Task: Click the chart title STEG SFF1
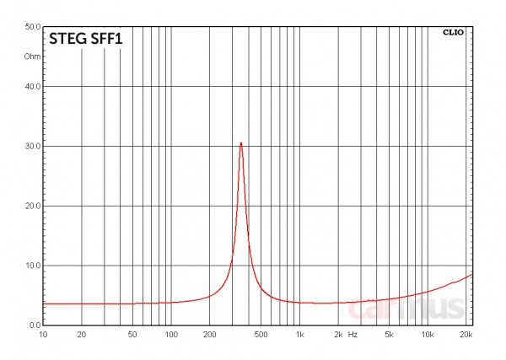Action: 86,39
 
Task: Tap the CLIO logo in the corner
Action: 453,33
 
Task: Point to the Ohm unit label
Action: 32,56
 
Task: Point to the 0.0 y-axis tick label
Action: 35,325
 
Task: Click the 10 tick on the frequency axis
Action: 43,336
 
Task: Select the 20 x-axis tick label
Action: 82,336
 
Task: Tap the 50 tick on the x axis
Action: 132,336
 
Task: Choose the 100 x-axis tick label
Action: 171,336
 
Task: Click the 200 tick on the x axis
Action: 210,336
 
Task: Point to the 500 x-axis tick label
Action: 261,336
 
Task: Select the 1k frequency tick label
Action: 299,336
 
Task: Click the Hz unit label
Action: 353,336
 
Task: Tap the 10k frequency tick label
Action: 428,336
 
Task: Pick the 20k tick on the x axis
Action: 466,336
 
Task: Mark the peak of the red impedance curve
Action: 241,143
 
